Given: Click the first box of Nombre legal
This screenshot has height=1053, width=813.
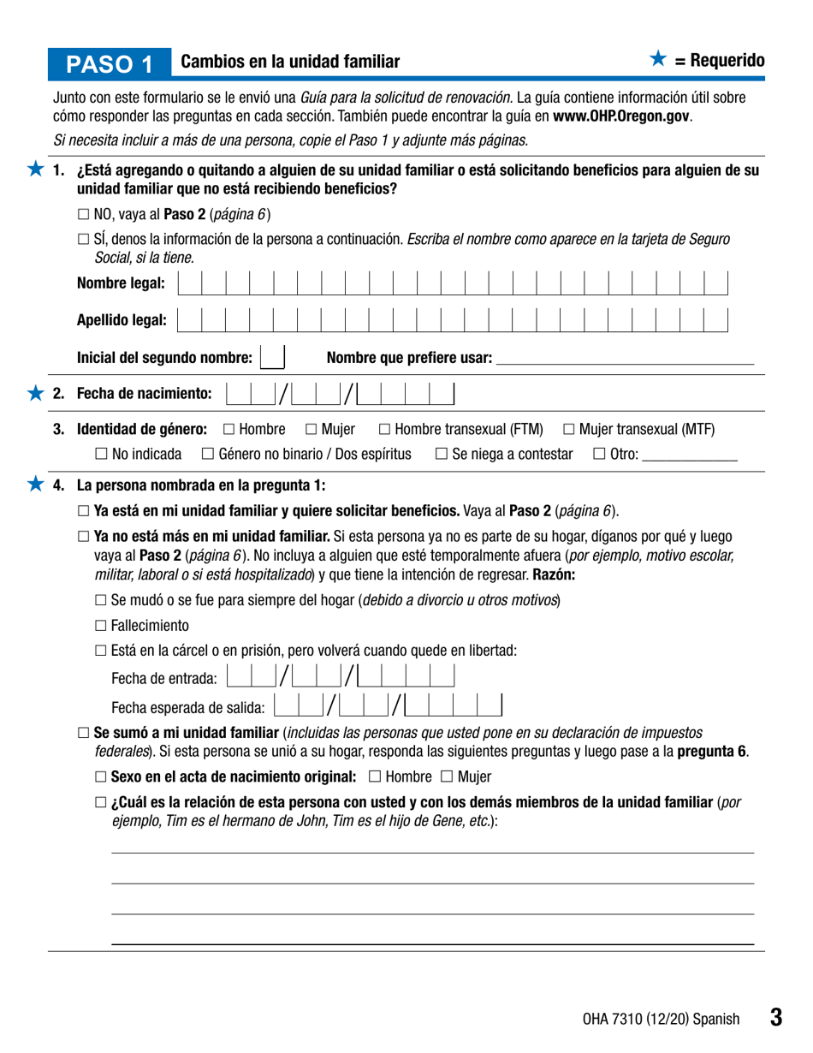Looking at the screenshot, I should point(189,283).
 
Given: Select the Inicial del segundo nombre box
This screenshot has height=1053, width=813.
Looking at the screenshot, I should point(272,357).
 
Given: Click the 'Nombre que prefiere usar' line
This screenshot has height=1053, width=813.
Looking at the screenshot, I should point(625,358).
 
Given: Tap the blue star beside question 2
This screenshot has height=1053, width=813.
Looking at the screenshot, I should point(35,393).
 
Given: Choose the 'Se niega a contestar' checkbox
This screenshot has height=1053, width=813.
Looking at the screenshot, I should point(441,454).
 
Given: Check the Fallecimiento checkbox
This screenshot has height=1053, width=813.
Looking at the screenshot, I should point(100,625).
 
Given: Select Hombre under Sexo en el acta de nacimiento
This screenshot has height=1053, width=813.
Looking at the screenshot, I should point(375,777).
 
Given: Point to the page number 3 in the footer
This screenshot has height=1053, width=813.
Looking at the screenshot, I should point(775,1017).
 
